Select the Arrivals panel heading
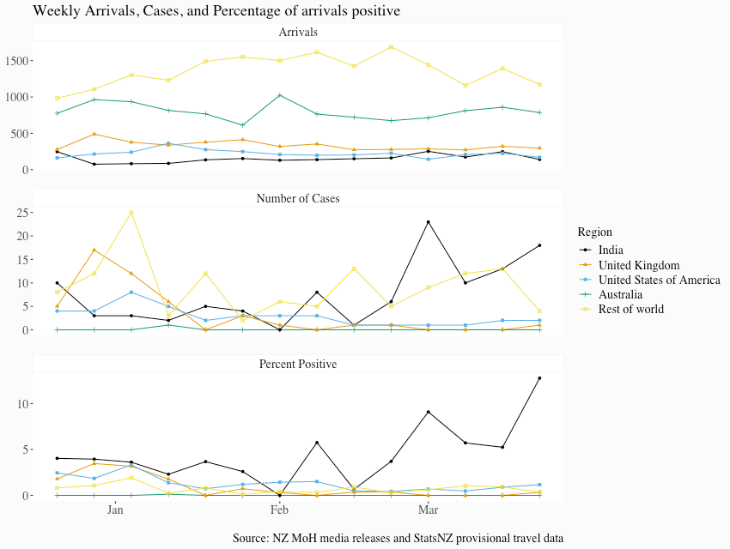298,33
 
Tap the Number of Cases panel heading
298,198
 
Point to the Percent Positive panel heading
298,364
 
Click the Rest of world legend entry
630,309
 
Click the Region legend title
594,232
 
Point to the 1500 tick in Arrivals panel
16,61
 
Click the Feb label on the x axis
279,511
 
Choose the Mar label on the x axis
428,511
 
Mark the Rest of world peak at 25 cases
131,212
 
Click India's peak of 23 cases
428,222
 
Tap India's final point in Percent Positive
539,378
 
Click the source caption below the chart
398,538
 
